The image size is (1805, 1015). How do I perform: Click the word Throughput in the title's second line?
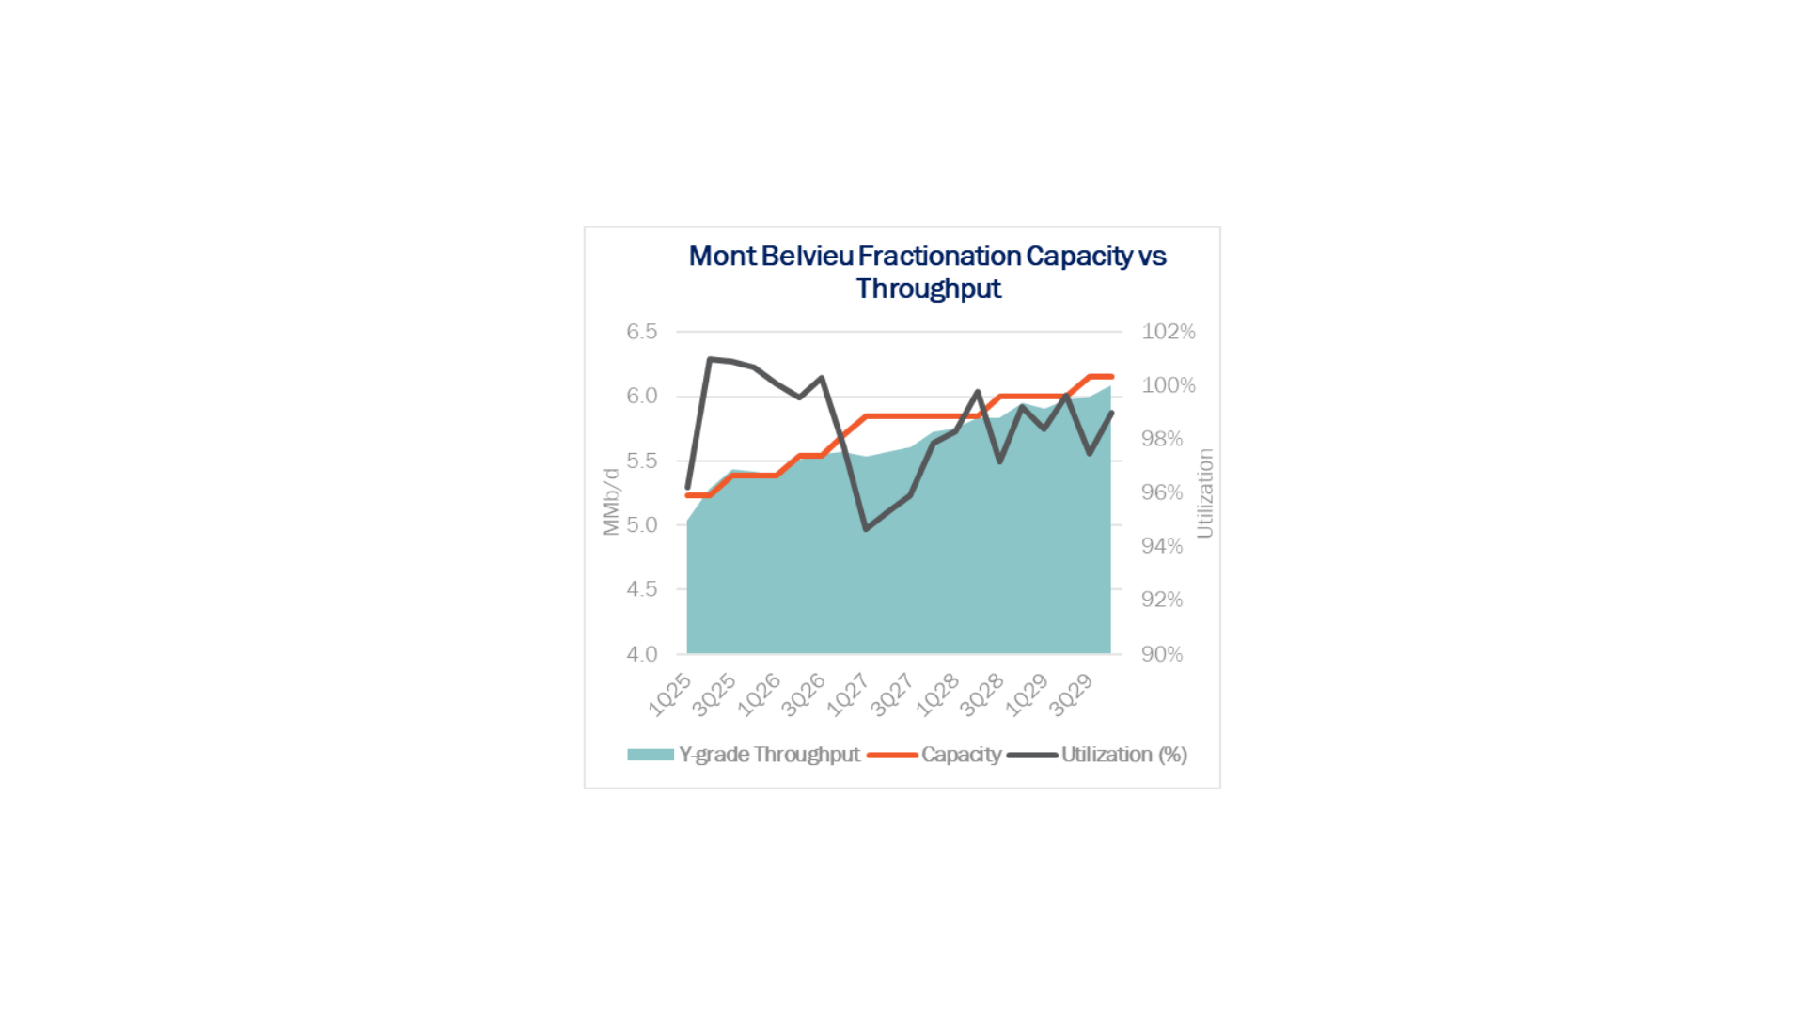pos(928,289)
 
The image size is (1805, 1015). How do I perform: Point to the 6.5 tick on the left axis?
pos(642,332)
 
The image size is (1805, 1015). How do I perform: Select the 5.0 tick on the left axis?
pos(642,524)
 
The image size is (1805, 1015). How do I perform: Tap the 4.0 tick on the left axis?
pos(642,654)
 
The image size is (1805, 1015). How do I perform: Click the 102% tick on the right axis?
pos(1169,332)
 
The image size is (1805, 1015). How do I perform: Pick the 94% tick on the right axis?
pos(1162,546)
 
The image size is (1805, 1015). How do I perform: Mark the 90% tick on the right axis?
pos(1162,654)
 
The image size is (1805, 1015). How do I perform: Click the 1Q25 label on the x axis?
pos(670,695)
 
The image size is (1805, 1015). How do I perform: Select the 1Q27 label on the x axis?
pos(848,695)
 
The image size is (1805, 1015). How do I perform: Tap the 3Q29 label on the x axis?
pos(1071,695)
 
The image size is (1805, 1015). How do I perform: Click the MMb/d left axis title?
pos(611,502)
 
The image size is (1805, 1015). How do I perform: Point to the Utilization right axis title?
pos(1204,493)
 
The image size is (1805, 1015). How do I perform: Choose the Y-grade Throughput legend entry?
pos(769,755)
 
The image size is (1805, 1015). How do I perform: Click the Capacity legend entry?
pos(961,755)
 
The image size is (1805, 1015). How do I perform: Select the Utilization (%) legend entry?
pos(1123,755)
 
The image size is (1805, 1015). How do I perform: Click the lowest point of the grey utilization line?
pos(866,529)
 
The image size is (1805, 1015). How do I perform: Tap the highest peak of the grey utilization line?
pos(710,359)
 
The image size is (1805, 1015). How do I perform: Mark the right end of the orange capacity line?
pos(1111,377)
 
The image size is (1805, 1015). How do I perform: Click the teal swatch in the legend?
pos(651,755)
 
